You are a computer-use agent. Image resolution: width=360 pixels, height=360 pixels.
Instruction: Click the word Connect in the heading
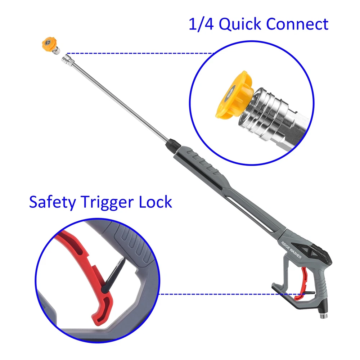(297, 24)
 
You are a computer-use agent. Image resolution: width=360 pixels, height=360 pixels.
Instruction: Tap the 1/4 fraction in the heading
(201, 24)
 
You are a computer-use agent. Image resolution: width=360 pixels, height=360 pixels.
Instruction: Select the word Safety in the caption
(53, 202)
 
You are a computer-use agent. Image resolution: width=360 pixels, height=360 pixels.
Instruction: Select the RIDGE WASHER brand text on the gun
(291, 250)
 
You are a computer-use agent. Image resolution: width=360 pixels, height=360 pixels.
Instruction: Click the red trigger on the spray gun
(302, 284)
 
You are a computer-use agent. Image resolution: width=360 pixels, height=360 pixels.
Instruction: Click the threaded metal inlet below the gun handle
(324, 314)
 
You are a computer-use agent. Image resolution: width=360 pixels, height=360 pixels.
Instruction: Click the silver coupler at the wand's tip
(68, 60)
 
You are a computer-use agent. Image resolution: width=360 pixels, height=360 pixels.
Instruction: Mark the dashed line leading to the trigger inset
(232, 294)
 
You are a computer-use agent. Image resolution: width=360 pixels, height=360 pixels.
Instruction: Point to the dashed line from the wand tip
(140, 54)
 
